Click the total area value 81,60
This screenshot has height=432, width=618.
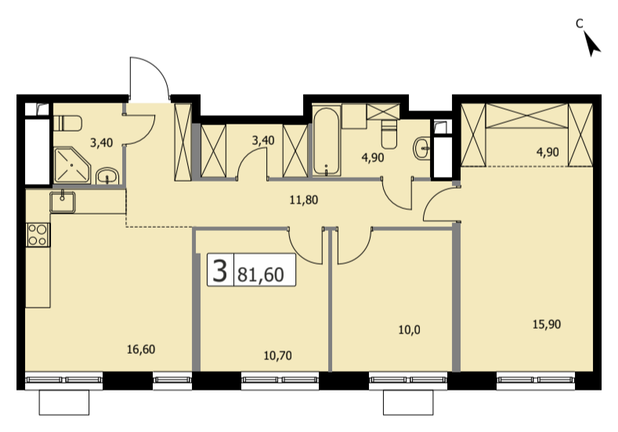[x=261, y=274]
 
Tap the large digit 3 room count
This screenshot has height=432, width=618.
[x=219, y=270]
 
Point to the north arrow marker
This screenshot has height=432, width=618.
[x=591, y=44]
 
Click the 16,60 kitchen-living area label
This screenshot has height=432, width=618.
[x=141, y=349]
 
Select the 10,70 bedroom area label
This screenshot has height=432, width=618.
[x=277, y=355]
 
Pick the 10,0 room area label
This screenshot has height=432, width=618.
[x=409, y=330]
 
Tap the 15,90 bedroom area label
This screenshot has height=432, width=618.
[x=547, y=325]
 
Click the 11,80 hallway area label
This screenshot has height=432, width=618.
[x=303, y=200]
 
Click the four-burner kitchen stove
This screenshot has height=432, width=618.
[x=38, y=235]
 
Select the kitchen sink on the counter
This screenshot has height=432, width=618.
[x=63, y=203]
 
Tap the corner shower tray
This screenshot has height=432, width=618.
[x=72, y=166]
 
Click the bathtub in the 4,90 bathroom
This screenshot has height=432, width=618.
[x=327, y=142]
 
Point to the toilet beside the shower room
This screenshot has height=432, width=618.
[x=67, y=123]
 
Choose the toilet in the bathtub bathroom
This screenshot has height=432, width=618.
[x=389, y=135]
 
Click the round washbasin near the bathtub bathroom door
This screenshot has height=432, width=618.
[x=421, y=149]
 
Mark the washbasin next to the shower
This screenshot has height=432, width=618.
[x=107, y=176]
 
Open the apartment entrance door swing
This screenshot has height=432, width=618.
[x=149, y=77]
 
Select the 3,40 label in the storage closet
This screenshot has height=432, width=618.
[x=263, y=140]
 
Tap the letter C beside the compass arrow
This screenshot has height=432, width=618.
[x=579, y=24]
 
